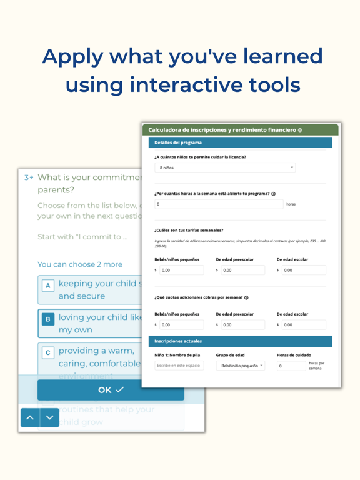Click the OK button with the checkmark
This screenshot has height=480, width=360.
[111, 390]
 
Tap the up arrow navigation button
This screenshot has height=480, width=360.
[29, 418]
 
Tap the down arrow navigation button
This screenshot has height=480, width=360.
[49, 418]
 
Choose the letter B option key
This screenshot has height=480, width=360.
[48, 319]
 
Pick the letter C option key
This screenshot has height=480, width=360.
[48, 352]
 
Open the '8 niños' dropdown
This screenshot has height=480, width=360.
[224, 167]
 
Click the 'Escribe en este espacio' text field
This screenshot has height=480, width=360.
[179, 366]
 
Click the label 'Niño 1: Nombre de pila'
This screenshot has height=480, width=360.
[177, 355]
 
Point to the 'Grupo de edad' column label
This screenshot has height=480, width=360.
[231, 355]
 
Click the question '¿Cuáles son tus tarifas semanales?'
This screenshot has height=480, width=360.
[189, 230]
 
